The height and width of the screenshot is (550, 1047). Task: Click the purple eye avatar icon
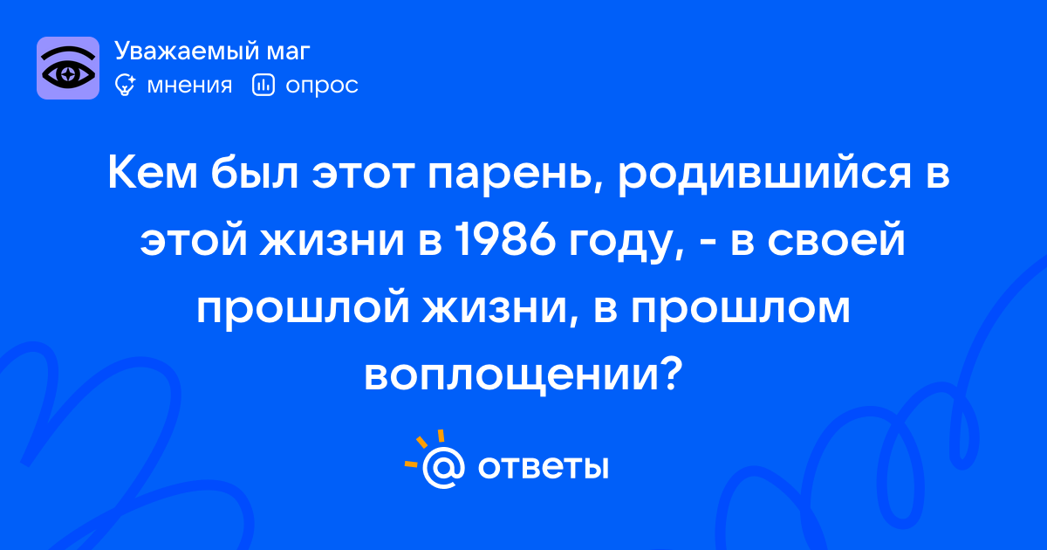(68, 68)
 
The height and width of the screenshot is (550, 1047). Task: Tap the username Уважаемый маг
(212, 51)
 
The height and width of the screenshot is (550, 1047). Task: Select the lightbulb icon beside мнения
(125, 85)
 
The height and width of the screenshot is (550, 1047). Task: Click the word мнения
(189, 86)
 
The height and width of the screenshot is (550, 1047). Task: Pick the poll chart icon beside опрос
(263, 85)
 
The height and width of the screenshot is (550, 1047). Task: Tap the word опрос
(322, 86)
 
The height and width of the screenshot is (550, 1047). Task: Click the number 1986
(505, 240)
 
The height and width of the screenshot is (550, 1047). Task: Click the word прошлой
(303, 308)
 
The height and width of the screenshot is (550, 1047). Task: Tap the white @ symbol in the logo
(443, 468)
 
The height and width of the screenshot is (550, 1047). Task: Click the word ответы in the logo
(543, 467)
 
